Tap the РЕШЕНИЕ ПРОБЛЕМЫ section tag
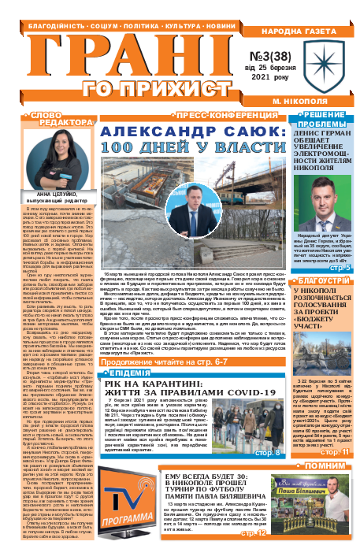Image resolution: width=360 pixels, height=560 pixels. pyautogui.click(x=323, y=120)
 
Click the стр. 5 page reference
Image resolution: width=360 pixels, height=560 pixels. pyautogui.click(x=340, y=291)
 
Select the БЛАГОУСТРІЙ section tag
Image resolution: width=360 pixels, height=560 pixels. pyautogui.click(x=321, y=302)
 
